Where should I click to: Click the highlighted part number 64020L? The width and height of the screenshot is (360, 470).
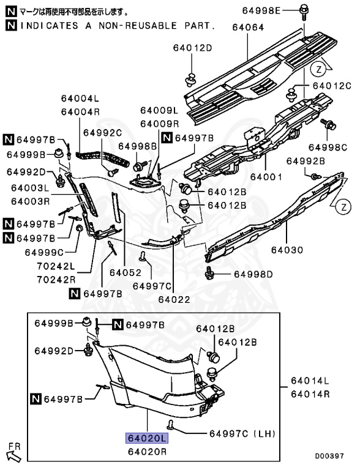(147, 438)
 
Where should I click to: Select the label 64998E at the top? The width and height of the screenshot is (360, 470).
(261, 11)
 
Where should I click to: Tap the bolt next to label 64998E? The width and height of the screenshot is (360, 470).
(304, 12)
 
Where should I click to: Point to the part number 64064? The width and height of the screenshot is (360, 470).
(248, 28)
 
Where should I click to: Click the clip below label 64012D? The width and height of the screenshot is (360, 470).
(190, 80)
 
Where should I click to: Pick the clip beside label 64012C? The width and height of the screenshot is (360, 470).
(291, 94)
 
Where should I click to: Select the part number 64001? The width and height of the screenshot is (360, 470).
(266, 177)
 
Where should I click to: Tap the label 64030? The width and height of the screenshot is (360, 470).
(287, 250)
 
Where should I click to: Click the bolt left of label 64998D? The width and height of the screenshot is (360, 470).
(209, 274)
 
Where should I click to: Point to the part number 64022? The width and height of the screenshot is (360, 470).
(174, 299)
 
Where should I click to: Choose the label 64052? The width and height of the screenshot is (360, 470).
(126, 272)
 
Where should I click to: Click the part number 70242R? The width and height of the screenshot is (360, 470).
(56, 280)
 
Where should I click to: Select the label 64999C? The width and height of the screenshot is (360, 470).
(44, 252)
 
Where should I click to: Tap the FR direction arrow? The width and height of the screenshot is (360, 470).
(13, 455)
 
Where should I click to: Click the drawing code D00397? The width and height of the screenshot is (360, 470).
(329, 456)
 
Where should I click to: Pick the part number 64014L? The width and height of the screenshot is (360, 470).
(310, 381)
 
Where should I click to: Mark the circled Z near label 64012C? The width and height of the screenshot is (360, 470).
(318, 70)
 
